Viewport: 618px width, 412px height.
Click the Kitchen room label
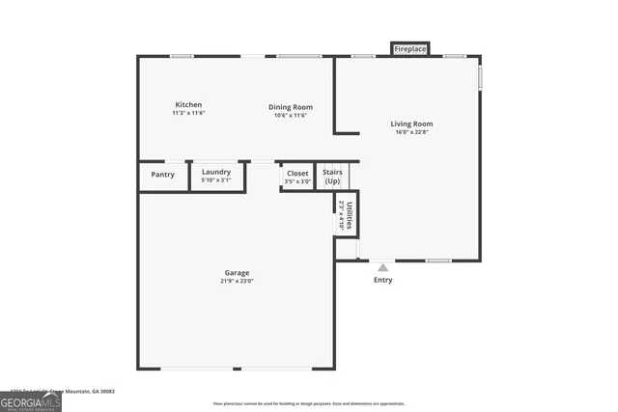point(187,105)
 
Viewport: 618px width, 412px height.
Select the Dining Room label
point(290,107)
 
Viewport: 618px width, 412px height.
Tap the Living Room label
point(411,124)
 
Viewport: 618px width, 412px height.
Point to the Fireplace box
point(409,48)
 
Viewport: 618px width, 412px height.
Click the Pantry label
point(162,175)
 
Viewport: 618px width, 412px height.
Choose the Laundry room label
point(215,172)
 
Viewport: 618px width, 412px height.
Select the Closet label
point(297,173)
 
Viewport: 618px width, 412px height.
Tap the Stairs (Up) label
point(332,177)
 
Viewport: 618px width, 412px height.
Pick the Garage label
point(237,273)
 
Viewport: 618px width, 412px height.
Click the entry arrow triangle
point(383,267)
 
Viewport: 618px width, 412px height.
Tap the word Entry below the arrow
point(383,281)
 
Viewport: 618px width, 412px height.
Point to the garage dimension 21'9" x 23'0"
point(237,282)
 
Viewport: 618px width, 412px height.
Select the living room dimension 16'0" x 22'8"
point(411,134)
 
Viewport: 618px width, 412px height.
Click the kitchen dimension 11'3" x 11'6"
point(187,114)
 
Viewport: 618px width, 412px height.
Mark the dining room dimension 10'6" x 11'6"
point(290,116)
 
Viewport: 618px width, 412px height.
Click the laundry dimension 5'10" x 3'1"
point(215,180)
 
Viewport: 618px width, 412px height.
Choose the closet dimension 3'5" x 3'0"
point(297,181)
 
